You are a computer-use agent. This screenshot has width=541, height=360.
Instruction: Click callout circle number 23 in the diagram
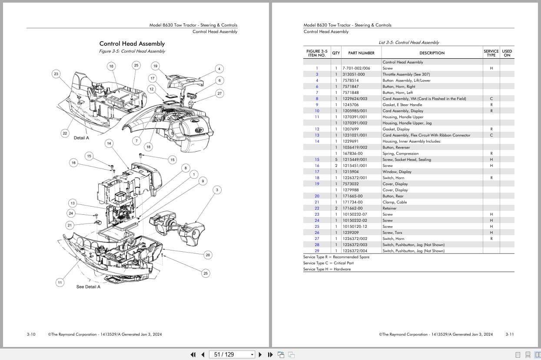tap(56, 74)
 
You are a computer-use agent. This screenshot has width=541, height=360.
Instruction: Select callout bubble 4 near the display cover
tap(219, 69)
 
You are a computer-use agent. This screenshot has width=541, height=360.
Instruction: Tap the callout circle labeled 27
tap(219, 93)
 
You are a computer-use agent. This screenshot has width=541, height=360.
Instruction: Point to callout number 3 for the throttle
tap(217, 190)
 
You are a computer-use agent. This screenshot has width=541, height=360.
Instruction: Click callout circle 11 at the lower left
tap(60, 283)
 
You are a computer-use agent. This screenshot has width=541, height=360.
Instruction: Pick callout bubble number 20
tap(208, 255)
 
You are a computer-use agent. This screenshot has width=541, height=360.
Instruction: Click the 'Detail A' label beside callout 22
tap(81, 138)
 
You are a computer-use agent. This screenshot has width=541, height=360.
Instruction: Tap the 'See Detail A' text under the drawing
tap(88, 287)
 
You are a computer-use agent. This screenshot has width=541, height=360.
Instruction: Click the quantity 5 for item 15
tap(336, 160)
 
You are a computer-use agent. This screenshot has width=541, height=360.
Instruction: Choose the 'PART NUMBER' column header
tap(361, 53)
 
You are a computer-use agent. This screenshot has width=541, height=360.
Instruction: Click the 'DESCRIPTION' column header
tap(432, 53)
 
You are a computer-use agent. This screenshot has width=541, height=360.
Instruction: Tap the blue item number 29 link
tap(317, 251)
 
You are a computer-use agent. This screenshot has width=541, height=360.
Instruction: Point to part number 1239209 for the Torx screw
tap(351, 233)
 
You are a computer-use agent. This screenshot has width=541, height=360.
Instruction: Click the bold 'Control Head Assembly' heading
tap(132, 43)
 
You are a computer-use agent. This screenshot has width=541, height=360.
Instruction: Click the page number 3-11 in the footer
tap(509, 334)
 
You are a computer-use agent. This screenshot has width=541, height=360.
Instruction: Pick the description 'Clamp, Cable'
tap(395, 202)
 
